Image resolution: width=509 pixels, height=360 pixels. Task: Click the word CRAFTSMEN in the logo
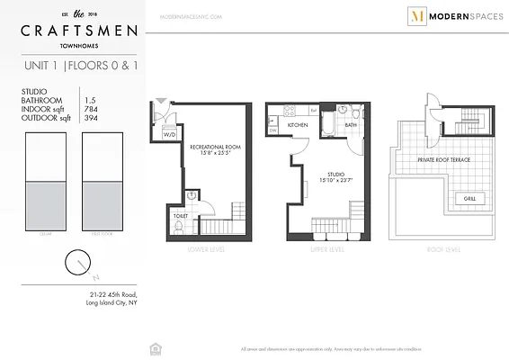(x=80, y=31)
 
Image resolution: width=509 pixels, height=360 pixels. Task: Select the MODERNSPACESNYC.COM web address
(x=191, y=16)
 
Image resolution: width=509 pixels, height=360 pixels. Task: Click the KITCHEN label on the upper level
(x=298, y=126)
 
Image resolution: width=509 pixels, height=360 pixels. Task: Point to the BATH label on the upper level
(x=351, y=126)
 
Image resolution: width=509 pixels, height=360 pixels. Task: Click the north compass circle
(x=77, y=263)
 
